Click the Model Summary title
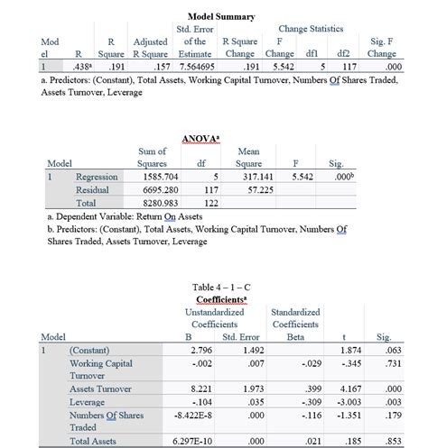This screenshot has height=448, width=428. click(221, 17)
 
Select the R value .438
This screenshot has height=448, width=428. click(82, 66)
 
